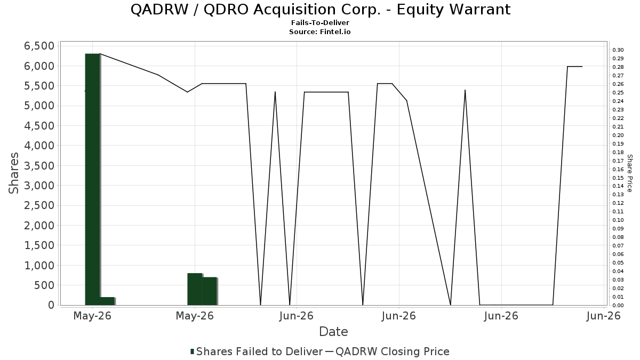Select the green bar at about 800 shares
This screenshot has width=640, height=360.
click(195, 289)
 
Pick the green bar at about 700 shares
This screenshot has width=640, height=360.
click(210, 291)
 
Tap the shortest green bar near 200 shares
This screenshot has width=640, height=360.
click(107, 301)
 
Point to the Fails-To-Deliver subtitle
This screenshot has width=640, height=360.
click(320, 22)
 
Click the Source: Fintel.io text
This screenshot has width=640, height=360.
click(319, 31)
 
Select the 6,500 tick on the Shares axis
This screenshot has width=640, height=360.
click(39, 46)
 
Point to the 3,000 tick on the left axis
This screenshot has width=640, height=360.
click(39, 186)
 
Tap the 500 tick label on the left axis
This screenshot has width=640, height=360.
click(44, 285)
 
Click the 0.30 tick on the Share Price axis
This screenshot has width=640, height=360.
click(618, 50)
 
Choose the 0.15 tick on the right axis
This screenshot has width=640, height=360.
click(618, 178)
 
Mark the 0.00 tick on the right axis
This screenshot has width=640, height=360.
click(618, 306)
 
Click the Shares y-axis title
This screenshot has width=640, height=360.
click(13, 173)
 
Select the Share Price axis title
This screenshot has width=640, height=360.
click(629, 173)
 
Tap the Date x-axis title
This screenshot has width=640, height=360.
click(333, 332)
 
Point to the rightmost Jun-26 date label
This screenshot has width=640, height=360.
click(603, 316)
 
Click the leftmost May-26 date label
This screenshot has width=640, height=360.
click(92, 316)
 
